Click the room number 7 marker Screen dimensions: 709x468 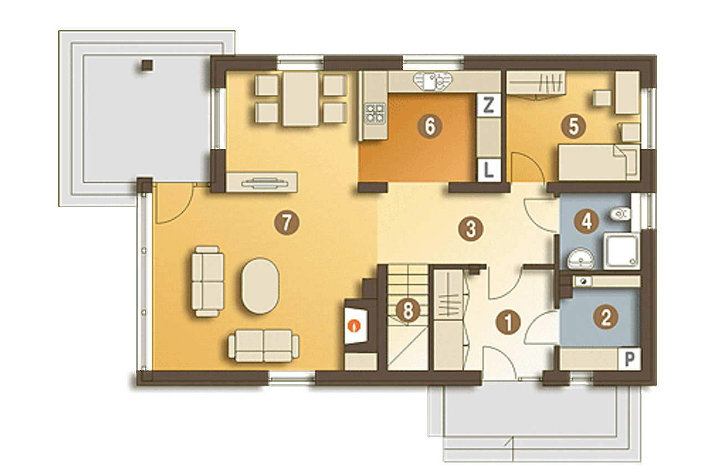point(286,223)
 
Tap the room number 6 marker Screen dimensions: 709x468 point(430,126)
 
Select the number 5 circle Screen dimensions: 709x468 point(573,126)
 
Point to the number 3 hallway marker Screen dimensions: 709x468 point(471,229)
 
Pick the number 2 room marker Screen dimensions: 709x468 point(605,317)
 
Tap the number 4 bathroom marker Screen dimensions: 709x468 point(587,222)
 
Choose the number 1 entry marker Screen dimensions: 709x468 point(508,322)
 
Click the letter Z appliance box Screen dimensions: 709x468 point(489,105)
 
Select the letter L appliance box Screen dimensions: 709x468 point(489,170)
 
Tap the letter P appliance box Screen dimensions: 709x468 point(630,359)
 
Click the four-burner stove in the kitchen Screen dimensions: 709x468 point(375,114)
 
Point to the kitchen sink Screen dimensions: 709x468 point(433,81)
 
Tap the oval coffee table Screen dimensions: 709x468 point(260,286)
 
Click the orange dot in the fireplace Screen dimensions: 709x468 point(354,325)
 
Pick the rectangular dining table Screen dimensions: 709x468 point(300,99)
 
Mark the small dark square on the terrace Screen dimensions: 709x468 point(147,65)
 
